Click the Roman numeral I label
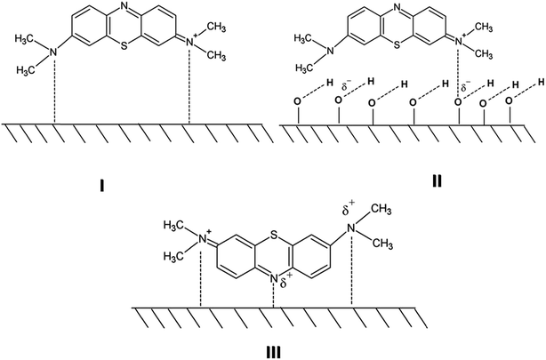101,188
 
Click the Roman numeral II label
437,181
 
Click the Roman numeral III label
273,353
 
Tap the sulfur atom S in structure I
123,45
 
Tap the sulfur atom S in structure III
275,237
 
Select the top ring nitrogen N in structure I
124,5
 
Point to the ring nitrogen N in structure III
275,279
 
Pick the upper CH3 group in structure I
218,28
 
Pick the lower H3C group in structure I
26,69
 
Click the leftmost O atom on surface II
298,101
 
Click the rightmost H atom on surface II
541,82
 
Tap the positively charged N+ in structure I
190,43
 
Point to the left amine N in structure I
53,52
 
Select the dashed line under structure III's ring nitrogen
274,296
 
